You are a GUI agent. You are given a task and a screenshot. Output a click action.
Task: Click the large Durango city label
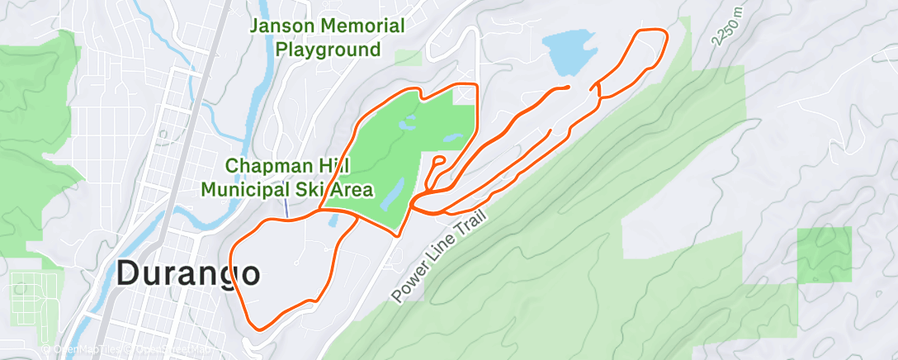tap(189, 272)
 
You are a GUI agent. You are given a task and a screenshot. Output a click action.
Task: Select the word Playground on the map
tap(328, 50)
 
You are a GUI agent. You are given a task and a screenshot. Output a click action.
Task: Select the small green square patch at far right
tap(823, 254)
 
